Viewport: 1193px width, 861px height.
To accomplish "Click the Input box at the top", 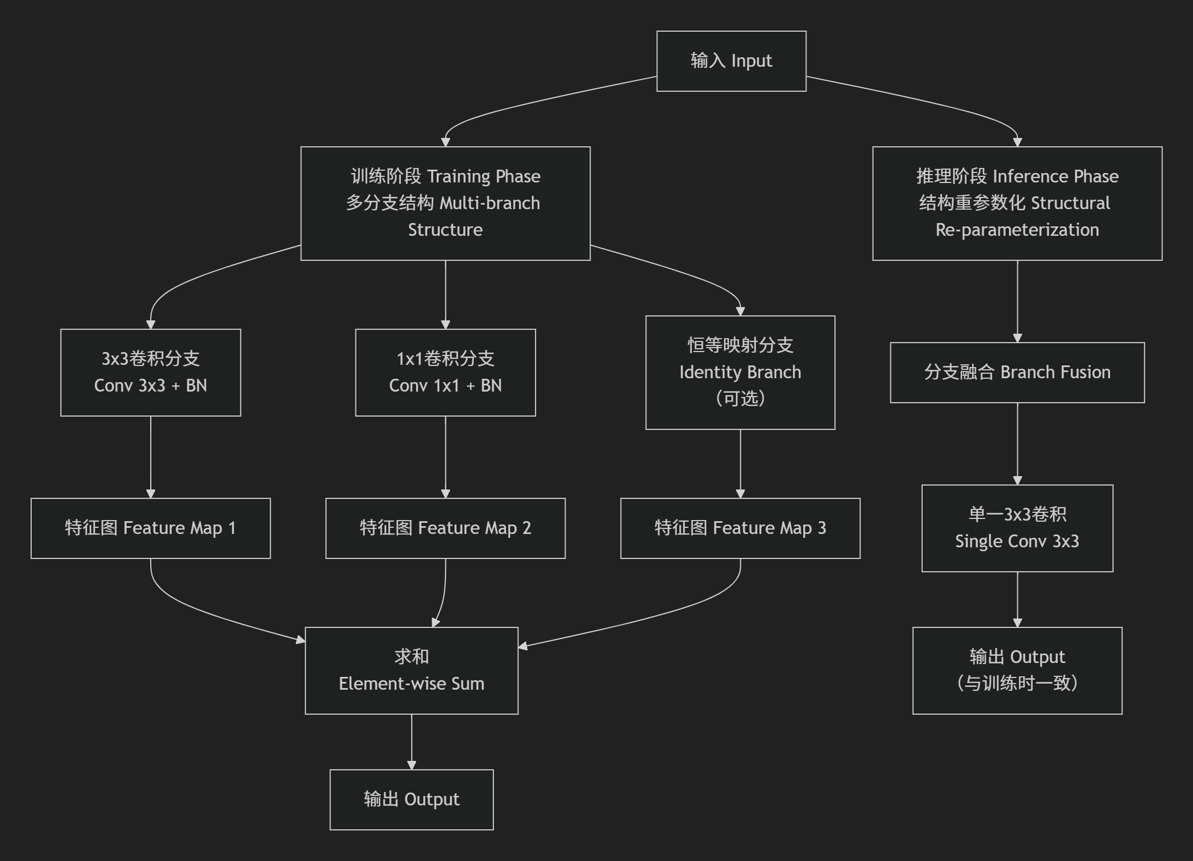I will click(x=731, y=61).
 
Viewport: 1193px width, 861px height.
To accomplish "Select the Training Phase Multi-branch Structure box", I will click(x=445, y=203).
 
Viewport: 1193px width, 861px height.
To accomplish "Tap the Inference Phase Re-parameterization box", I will click(x=1017, y=203).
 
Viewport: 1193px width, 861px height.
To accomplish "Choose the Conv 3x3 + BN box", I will click(x=150, y=372).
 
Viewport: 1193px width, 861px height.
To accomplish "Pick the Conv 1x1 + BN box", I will click(x=445, y=372).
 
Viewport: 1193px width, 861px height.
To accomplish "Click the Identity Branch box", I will click(x=740, y=372).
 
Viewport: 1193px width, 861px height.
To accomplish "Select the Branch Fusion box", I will click(x=1017, y=372).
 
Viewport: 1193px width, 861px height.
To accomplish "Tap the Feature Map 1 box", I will click(x=150, y=528).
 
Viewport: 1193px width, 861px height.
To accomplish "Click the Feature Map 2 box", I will click(x=445, y=528).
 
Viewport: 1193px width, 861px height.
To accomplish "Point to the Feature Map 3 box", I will click(x=740, y=528).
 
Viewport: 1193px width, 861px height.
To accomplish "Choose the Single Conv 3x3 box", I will click(x=1017, y=528).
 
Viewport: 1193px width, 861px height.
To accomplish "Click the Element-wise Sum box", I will click(x=411, y=670).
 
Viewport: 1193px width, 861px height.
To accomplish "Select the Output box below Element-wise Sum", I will click(x=411, y=799).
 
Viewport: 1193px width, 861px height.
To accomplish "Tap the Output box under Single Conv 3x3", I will click(x=1017, y=670).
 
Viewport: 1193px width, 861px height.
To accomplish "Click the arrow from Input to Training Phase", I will click(x=534, y=103).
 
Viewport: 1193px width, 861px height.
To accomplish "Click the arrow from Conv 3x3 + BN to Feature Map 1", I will click(x=150, y=456).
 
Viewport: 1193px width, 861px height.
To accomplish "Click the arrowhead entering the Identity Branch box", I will click(x=740, y=311).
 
